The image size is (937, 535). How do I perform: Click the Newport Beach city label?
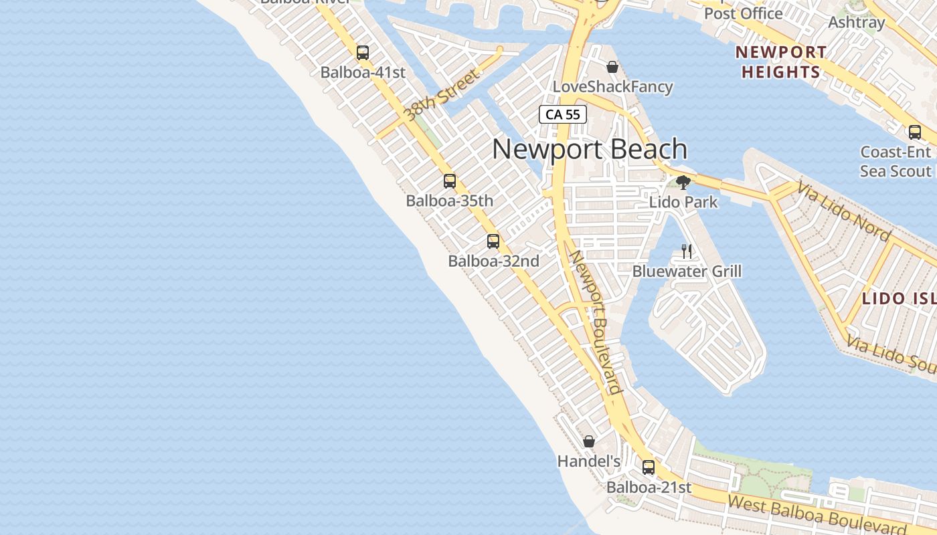pyautogui.click(x=590, y=149)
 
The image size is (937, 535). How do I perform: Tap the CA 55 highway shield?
pyautogui.click(x=563, y=114)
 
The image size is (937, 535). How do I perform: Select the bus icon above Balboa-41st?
pyautogui.click(x=363, y=53)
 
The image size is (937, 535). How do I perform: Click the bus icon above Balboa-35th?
pyautogui.click(x=450, y=181)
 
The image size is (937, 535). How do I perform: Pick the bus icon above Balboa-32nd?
pyautogui.click(x=493, y=241)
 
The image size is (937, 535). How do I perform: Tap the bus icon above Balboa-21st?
pyautogui.click(x=649, y=467)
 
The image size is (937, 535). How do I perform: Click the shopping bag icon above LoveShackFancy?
pyautogui.click(x=612, y=67)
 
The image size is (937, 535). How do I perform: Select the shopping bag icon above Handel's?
pyautogui.click(x=589, y=441)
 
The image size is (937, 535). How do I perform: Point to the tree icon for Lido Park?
pyautogui.click(x=683, y=182)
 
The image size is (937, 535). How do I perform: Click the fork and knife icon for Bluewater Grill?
pyautogui.click(x=687, y=251)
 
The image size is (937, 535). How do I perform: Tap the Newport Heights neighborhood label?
pyautogui.click(x=781, y=62)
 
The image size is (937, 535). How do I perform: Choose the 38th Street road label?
pyautogui.click(x=442, y=95)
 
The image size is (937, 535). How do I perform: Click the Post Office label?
pyautogui.click(x=743, y=13)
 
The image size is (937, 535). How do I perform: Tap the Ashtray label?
pyautogui.click(x=857, y=22)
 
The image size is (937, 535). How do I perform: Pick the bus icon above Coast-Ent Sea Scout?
pyautogui.click(x=915, y=132)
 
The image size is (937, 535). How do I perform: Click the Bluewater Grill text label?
pyautogui.click(x=687, y=272)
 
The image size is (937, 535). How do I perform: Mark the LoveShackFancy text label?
pyautogui.click(x=612, y=87)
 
